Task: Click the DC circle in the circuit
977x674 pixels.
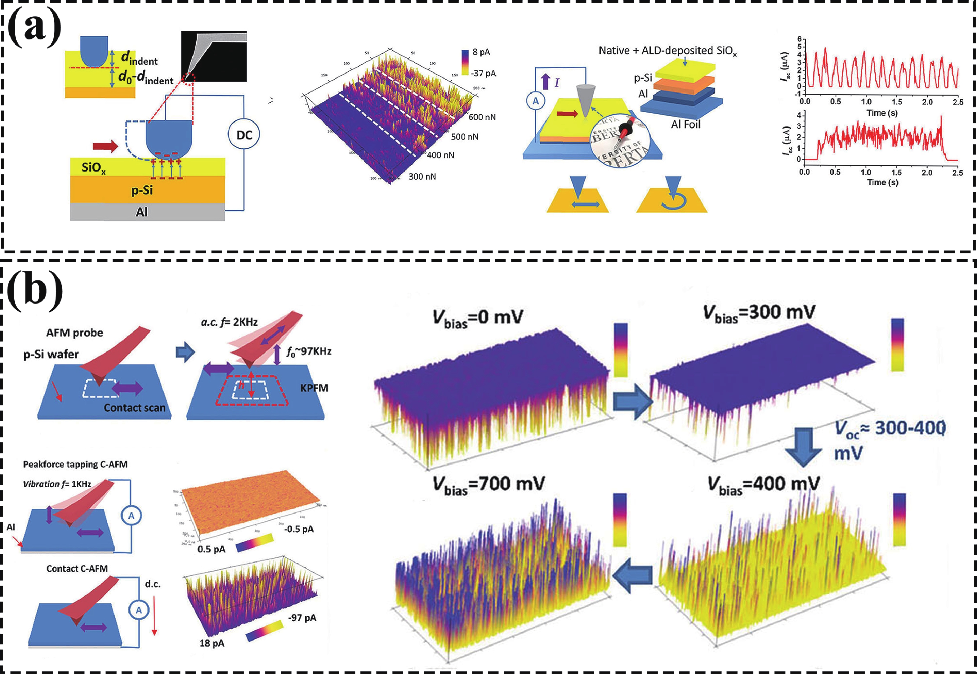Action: (243, 135)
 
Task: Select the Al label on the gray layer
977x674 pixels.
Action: (141, 212)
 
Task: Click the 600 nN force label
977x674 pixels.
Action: (482, 117)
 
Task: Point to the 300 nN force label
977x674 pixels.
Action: (422, 176)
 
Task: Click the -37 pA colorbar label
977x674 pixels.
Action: (484, 74)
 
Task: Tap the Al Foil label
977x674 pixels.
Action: (685, 125)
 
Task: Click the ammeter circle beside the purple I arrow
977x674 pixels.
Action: (535, 101)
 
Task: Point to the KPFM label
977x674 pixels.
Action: (314, 388)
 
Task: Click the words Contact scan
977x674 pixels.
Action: (134, 408)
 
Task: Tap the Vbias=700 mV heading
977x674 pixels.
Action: (488, 485)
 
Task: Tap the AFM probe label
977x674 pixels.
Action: (74, 333)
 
